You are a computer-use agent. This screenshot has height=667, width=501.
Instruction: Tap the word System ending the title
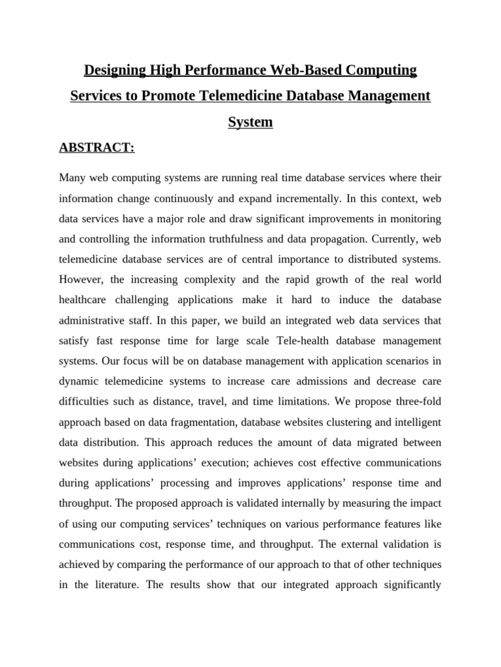pos(250,122)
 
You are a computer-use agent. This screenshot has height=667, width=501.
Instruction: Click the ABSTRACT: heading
pos(97,148)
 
